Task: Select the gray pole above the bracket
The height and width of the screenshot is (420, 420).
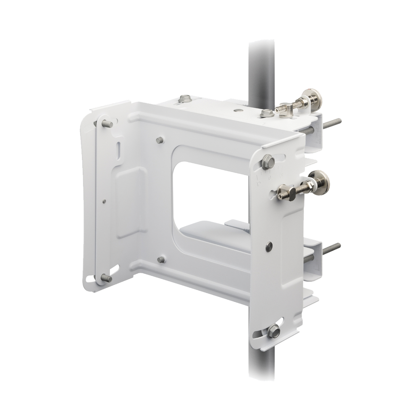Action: pyautogui.click(x=261, y=67)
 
